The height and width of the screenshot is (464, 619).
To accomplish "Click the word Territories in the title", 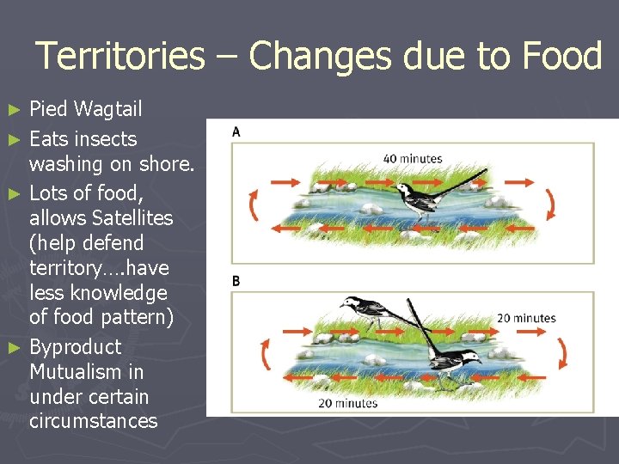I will pyautogui.click(x=120, y=57).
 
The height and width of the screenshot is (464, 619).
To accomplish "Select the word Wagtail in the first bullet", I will pyautogui.click(x=107, y=109).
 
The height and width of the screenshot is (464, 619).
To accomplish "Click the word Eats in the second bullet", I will pyautogui.click(x=49, y=138).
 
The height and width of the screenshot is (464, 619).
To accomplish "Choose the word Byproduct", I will pyautogui.click(x=75, y=347).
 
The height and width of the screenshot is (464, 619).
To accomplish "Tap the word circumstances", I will pyautogui.click(x=93, y=421).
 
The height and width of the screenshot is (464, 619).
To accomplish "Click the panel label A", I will pyautogui.click(x=236, y=131).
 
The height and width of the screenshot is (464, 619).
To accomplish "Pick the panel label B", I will pyautogui.click(x=236, y=281).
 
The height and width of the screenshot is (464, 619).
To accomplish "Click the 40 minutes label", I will pyautogui.click(x=413, y=158).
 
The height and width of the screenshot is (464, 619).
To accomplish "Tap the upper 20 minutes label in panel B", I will pyautogui.click(x=526, y=318).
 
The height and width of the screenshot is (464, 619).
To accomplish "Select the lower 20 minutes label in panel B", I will pyautogui.click(x=347, y=402).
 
